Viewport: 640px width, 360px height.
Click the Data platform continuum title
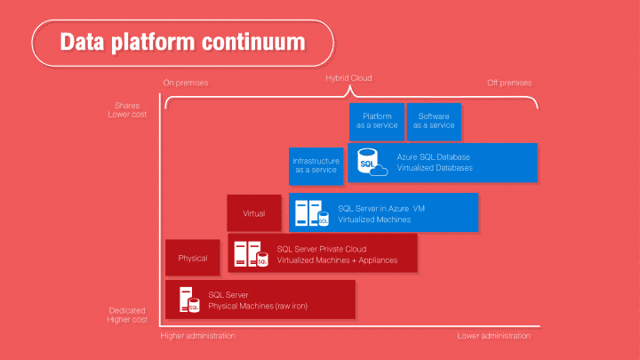tap(181, 43)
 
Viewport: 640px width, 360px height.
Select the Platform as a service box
tap(377, 121)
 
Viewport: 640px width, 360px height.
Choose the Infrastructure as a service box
tap(316, 164)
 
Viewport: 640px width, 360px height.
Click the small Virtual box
tap(254, 213)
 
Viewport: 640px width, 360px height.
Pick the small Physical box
tap(193, 258)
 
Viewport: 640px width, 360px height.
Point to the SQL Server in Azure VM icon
tap(311, 213)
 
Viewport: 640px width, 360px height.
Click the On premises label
tap(186, 84)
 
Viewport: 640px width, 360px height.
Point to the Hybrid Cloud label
tap(348, 78)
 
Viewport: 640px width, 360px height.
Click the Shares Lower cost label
tap(128, 109)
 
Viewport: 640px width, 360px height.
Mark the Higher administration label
tap(198, 336)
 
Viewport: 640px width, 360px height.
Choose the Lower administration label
tap(493, 336)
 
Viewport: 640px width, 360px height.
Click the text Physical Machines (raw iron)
tap(257, 307)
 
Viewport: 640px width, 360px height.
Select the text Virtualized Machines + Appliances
tap(337, 260)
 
